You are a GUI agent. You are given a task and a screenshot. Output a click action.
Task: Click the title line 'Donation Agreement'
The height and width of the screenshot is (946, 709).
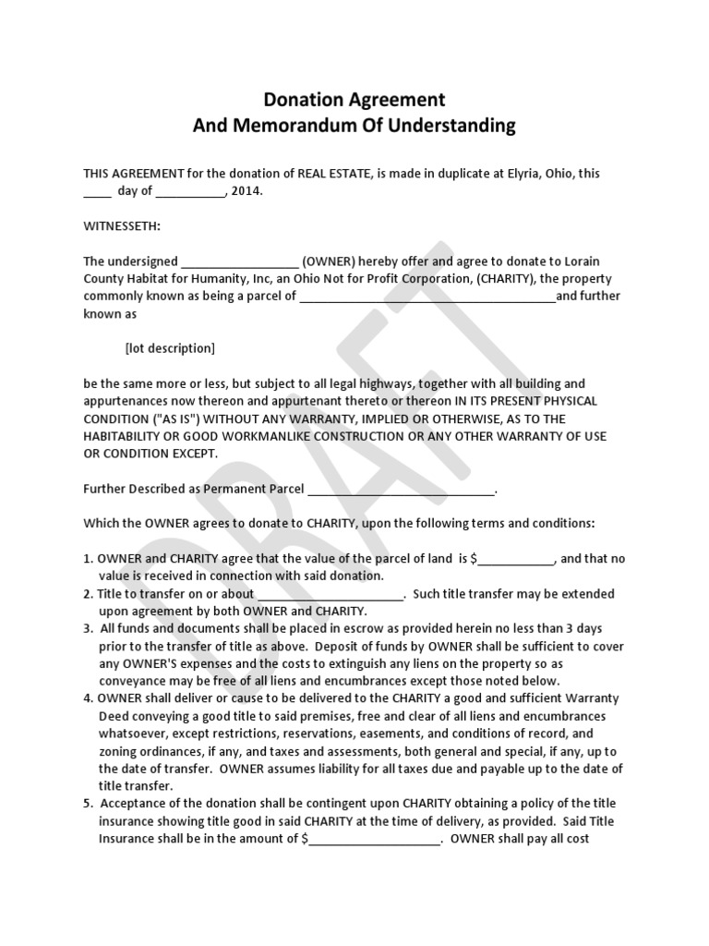point(354,99)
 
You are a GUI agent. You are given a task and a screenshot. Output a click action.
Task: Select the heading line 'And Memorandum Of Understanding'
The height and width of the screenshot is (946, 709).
point(354,126)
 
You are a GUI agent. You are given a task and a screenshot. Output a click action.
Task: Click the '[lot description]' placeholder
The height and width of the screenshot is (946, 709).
point(170,348)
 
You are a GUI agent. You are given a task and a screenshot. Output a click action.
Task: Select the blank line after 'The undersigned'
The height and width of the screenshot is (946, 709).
point(240,261)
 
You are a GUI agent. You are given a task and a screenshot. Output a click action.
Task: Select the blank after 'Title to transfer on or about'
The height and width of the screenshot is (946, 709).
point(330,593)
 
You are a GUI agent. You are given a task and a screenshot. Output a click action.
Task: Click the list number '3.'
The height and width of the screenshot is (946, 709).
point(89,628)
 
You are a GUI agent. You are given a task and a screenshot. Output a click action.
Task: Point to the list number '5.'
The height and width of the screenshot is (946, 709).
point(89,804)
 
